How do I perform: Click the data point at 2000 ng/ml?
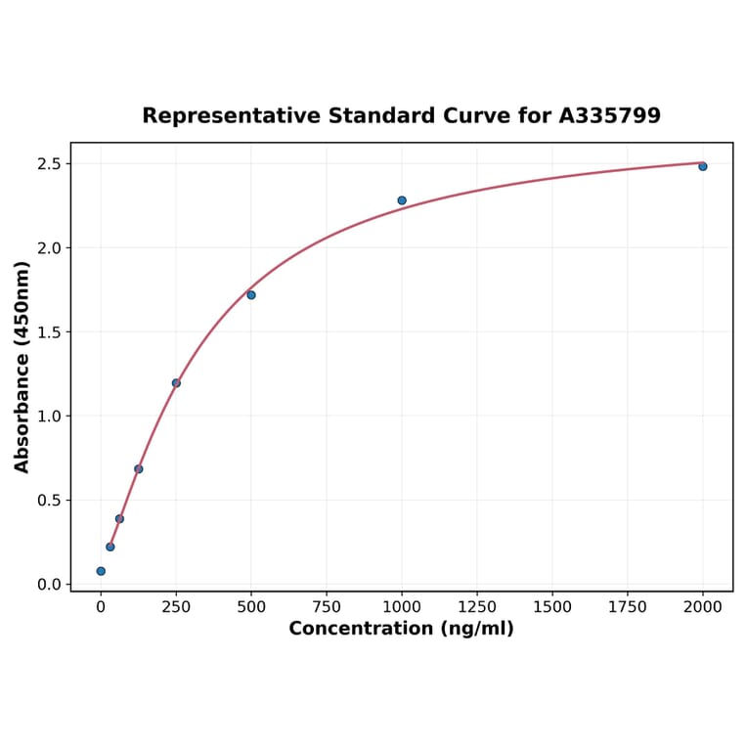point(702,166)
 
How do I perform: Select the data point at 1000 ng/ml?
point(402,200)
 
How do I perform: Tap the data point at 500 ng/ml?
point(251,294)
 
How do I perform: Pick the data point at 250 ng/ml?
point(176,383)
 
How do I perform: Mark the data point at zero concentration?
point(101,571)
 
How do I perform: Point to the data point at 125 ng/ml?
point(139,469)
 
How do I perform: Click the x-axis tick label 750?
point(327,607)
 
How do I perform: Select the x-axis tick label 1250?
point(477,607)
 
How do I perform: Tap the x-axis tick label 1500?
point(552,607)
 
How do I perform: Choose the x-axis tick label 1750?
point(628,607)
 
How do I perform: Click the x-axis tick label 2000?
point(703,607)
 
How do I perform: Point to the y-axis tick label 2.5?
point(49,163)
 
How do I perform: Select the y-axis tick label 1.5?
point(49,331)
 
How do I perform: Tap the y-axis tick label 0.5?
point(49,501)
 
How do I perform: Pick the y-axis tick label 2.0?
point(49,247)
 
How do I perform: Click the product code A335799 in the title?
point(609,115)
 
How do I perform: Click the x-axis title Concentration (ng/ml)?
point(401,629)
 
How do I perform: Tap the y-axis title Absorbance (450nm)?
point(22,367)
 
